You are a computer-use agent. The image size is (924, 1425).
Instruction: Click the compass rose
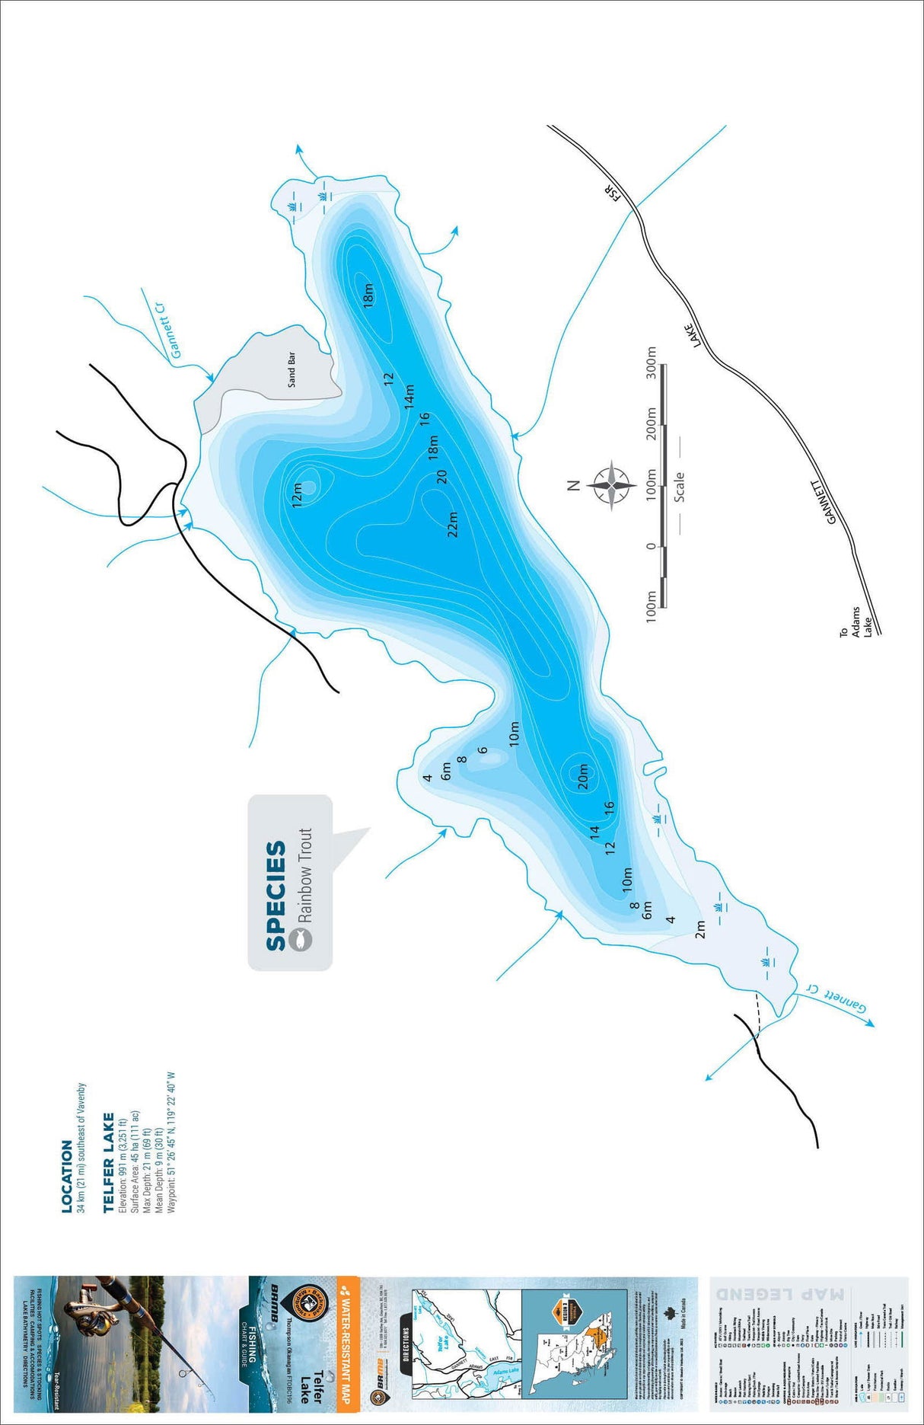click(x=611, y=484)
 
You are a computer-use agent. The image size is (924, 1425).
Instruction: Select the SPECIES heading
click(x=276, y=896)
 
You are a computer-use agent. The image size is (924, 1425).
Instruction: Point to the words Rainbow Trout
click(x=305, y=876)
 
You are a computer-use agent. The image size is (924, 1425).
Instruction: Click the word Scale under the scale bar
click(x=679, y=486)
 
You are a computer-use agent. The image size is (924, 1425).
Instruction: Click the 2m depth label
click(x=700, y=929)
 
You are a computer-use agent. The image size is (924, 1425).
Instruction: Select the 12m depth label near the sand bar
click(x=298, y=494)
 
